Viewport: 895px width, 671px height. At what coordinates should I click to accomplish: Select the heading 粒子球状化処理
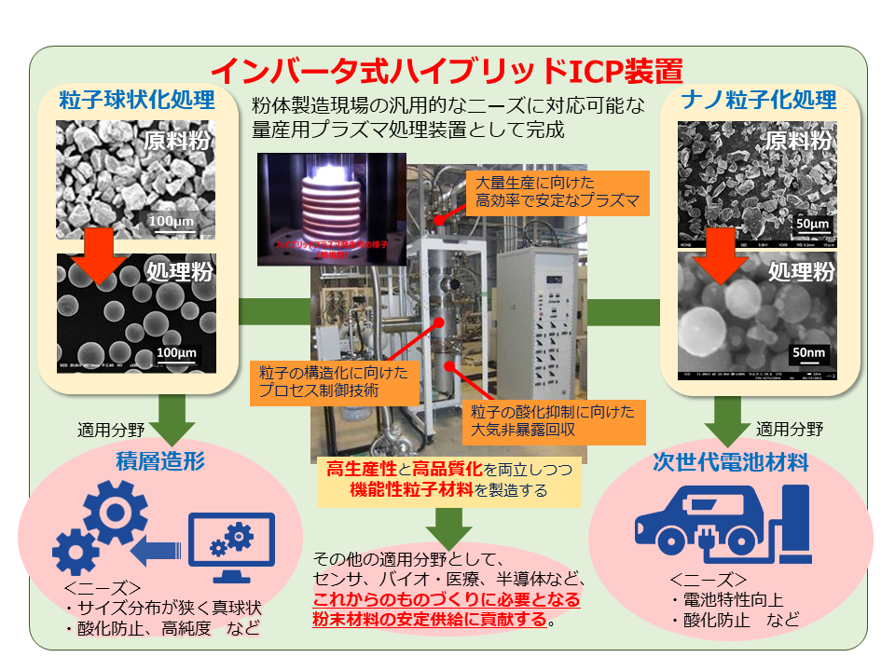pos(137,100)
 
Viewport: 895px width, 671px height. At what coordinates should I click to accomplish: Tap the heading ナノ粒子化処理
pos(758,100)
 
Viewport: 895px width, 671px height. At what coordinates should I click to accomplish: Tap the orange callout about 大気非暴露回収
pos(554,420)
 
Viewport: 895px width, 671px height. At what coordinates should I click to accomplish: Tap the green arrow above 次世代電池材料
pos(728,419)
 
